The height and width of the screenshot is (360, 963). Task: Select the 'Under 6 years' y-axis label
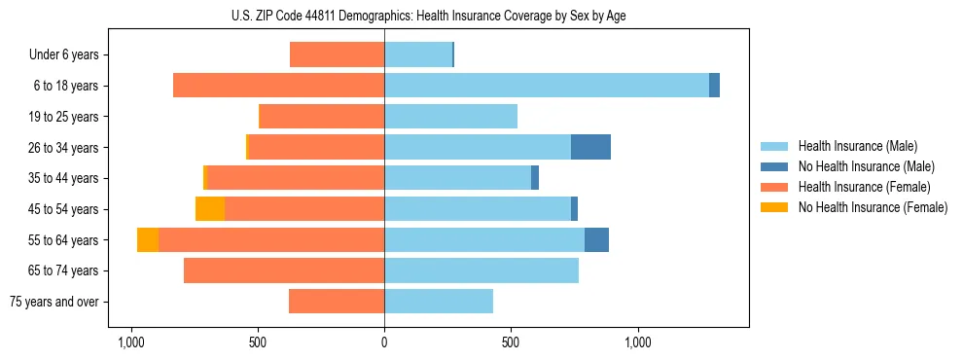pyautogui.click(x=69, y=55)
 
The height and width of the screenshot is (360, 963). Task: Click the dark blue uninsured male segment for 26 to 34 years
pyautogui.click(x=590, y=147)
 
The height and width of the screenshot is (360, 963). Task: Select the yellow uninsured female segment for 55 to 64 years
pyautogui.click(x=148, y=239)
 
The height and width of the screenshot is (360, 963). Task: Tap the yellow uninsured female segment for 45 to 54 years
pyautogui.click(x=210, y=209)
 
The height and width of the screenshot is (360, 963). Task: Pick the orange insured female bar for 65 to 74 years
pyautogui.click(x=284, y=270)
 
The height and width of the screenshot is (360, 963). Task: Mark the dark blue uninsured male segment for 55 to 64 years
pyautogui.click(x=596, y=239)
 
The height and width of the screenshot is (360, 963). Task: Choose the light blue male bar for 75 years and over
pyautogui.click(x=439, y=302)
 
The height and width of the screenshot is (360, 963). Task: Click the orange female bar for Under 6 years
pyautogui.click(x=337, y=55)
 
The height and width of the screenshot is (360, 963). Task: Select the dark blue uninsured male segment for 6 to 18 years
pyautogui.click(x=714, y=86)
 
